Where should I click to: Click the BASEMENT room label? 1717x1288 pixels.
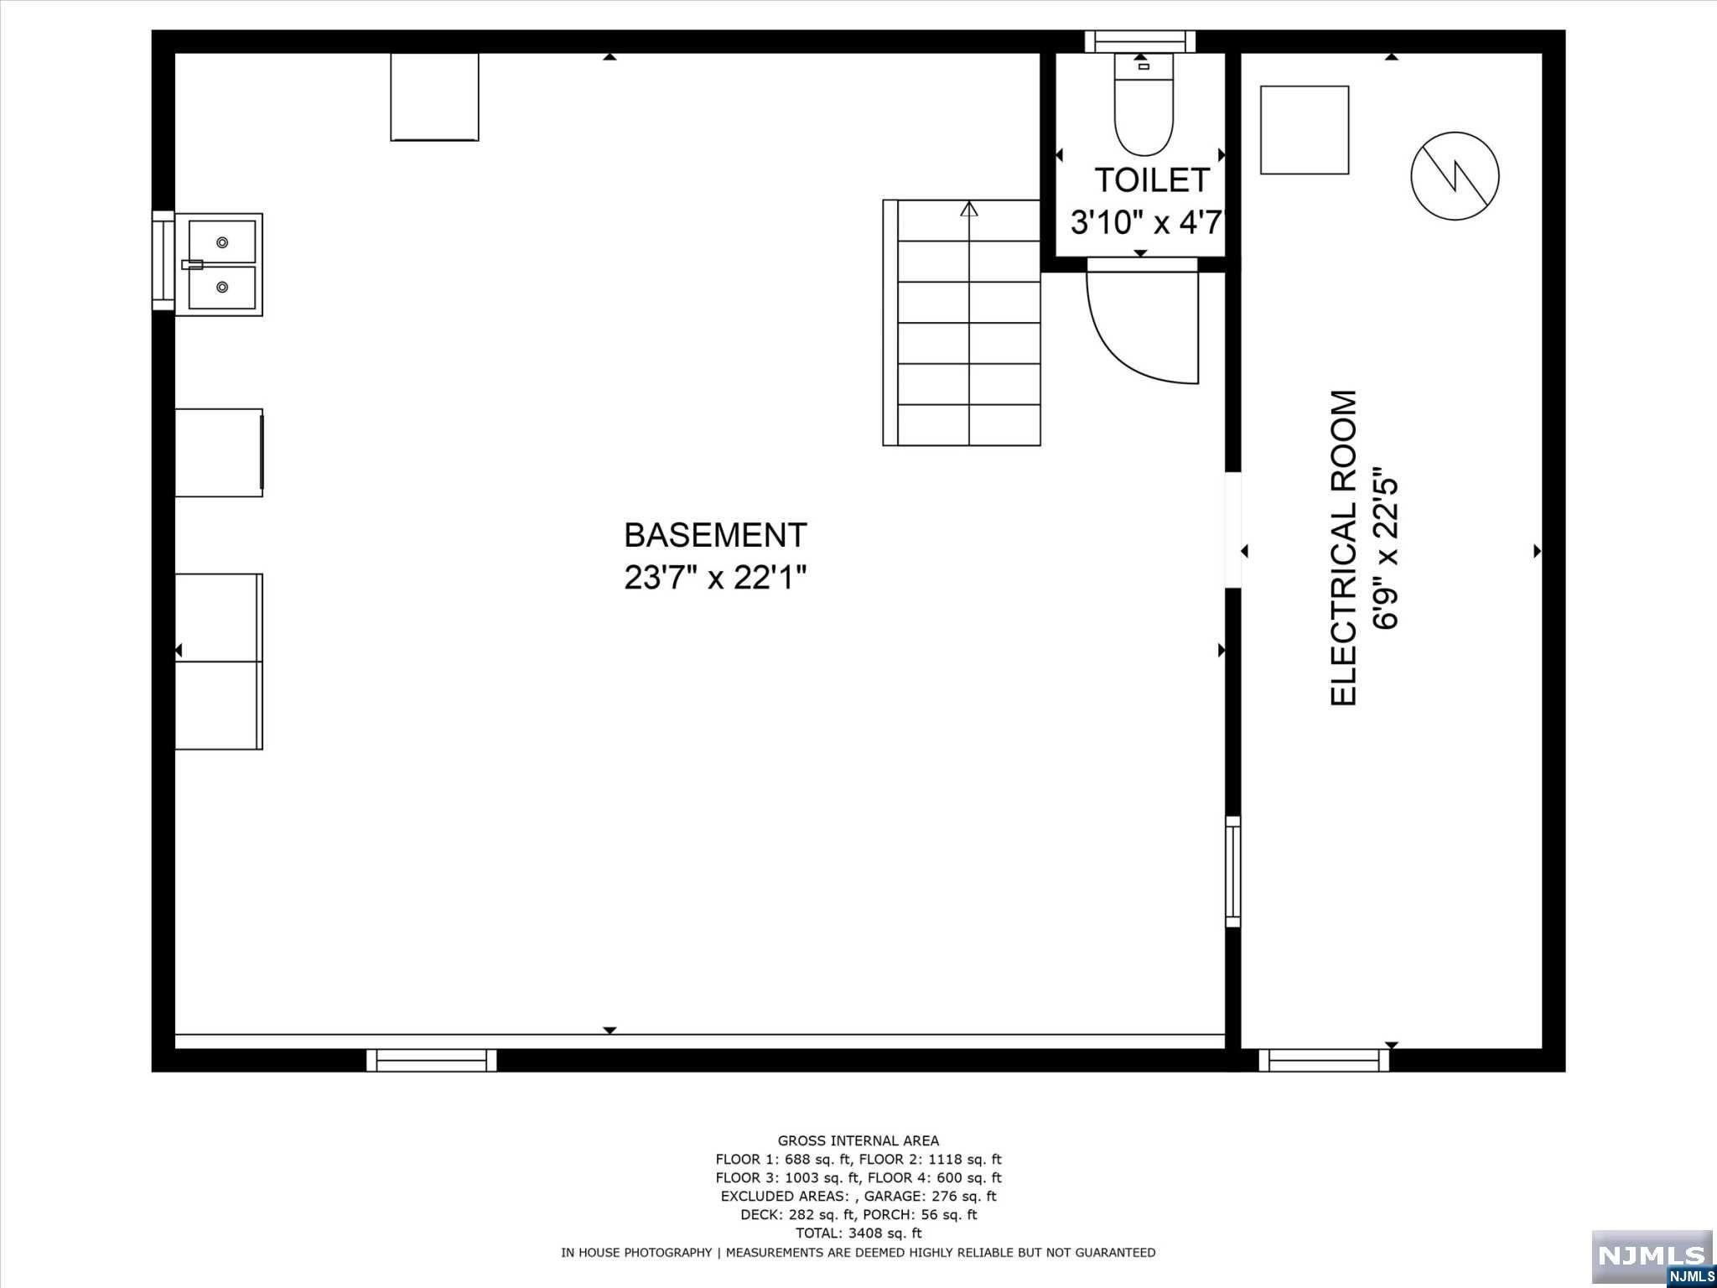[715, 535]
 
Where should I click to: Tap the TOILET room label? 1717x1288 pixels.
[1152, 180]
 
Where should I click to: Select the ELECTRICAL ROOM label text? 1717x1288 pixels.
[1343, 548]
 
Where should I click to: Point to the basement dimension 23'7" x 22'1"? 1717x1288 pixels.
[715, 578]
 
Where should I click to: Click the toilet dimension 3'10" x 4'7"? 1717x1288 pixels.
[1148, 223]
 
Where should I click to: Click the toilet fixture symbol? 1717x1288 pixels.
[1143, 105]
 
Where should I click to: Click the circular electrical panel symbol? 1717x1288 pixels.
[1455, 176]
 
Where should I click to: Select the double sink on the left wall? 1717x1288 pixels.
[220, 264]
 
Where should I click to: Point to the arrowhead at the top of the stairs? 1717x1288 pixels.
[969, 209]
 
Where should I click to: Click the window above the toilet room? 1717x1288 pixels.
[1140, 42]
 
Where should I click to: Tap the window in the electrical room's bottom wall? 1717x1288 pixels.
[1324, 1061]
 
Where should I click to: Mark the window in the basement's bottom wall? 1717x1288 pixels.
[432, 1061]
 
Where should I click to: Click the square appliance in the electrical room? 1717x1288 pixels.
[1305, 130]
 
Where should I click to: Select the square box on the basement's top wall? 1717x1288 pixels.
[434, 96]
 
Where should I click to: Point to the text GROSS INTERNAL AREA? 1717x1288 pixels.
[858, 1140]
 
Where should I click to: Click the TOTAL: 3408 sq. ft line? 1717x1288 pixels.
[858, 1233]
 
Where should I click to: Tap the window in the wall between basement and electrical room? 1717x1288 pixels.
[1232, 872]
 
